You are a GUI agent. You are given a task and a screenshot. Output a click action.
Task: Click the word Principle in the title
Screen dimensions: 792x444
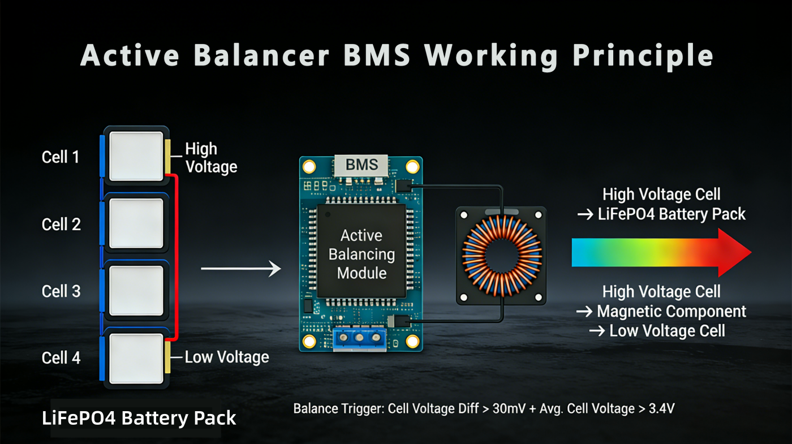643,56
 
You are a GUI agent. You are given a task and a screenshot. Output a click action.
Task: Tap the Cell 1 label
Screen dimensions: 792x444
61,157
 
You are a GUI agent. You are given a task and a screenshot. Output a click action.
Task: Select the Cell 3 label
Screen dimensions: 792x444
61,291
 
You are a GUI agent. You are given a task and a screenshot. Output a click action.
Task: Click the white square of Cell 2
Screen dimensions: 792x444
136,223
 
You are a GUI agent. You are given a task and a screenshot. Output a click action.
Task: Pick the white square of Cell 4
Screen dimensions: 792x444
136,359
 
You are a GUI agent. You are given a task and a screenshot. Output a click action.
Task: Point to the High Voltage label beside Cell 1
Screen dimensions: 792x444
211,158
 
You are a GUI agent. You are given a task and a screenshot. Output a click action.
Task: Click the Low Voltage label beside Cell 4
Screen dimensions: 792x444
227,357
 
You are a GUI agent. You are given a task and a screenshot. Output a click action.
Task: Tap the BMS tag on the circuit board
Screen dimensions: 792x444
361,165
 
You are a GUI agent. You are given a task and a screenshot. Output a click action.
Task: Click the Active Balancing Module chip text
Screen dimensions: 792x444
361,254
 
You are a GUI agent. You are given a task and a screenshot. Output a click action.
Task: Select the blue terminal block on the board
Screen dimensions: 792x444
359,339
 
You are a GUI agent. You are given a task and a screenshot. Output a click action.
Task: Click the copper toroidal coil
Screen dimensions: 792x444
502,256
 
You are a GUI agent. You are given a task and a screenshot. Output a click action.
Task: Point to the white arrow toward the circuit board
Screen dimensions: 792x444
241,269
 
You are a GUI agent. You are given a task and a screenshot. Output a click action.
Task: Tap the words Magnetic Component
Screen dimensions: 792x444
672,312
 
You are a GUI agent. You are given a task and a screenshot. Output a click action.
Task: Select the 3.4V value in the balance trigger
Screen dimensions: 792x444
661,408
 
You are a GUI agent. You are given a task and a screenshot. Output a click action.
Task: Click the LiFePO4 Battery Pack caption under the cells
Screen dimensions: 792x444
139,418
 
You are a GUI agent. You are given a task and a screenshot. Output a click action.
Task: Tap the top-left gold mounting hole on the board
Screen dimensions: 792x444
309,166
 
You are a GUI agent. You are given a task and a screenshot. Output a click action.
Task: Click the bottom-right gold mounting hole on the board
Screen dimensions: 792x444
412,342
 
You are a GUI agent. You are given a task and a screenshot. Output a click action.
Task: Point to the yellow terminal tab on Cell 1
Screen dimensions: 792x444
167,156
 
